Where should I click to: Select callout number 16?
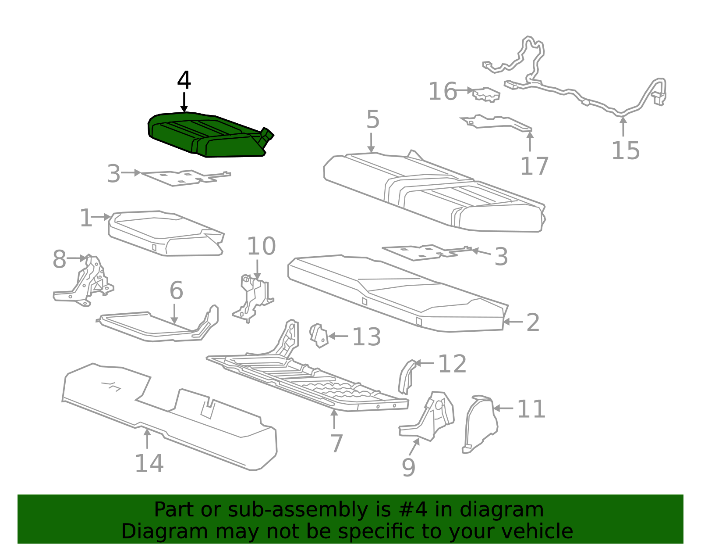pyautogui.click(x=442, y=92)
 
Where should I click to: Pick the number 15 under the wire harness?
pyautogui.click(x=625, y=150)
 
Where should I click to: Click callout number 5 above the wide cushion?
pyautogui.click(x=372, y=119)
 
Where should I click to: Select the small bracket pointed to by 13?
pyautogui.click(x=319, y=336)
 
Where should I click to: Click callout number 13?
pyautogui.click(x=366, y=337)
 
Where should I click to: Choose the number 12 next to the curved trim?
pyautogui.click(x=452, y=364)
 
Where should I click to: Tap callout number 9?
pyautogui.click(x=408, y=467)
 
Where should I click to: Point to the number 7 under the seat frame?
pyautogui.click(x=336, y=443)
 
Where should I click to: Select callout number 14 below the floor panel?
pyautogui.click(x=149, y=463)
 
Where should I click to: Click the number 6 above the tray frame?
pyautogui.click(x=176, y=290)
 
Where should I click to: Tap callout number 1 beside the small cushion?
pyautogui.click(x=85, y=218)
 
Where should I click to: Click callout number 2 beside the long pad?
pyautogui.click(x=532, y=322)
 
